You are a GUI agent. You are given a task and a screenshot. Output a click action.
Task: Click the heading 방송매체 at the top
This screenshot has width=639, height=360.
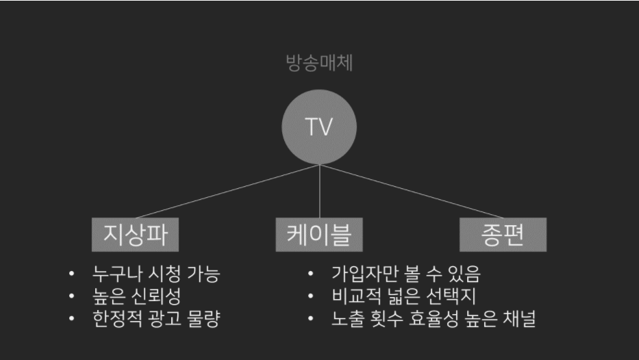click(x=319, y=63)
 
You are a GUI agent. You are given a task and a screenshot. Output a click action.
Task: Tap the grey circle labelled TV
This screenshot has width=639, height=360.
click(x=319, y=127)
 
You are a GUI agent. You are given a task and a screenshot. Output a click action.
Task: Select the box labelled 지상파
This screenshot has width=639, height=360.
click(x=136, y=235)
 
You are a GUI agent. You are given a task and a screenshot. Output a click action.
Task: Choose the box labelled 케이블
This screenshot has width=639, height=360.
click(x=319, y=235)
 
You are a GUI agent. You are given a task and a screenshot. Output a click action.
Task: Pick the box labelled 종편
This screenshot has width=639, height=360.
click(x=503, y=235)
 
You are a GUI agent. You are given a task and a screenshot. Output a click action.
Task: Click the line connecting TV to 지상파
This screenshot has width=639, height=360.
click(x=227, y=192)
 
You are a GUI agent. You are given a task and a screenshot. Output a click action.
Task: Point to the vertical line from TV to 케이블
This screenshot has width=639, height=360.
click(x=319, y=192)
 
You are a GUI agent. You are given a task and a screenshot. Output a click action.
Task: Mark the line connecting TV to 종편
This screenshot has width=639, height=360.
click(x=411, y=192)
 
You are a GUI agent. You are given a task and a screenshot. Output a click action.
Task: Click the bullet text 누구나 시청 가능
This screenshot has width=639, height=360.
click(x=156, y=274)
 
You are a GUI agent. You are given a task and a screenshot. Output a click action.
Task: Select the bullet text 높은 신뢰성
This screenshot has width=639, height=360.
click(x=137, y=296)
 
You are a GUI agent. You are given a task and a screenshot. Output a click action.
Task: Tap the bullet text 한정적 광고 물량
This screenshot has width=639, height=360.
click(x=156, y=318)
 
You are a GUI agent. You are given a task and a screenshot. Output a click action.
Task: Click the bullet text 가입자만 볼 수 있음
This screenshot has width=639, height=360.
click(x=406, y=274)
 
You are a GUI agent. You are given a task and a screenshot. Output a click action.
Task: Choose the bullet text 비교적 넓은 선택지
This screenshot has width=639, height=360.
click(x=404, y=296)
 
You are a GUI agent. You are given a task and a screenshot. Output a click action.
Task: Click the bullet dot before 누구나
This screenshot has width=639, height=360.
click(x=72, y=274)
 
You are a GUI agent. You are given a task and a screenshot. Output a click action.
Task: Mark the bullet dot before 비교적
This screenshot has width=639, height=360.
click(x=310, y=296)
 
